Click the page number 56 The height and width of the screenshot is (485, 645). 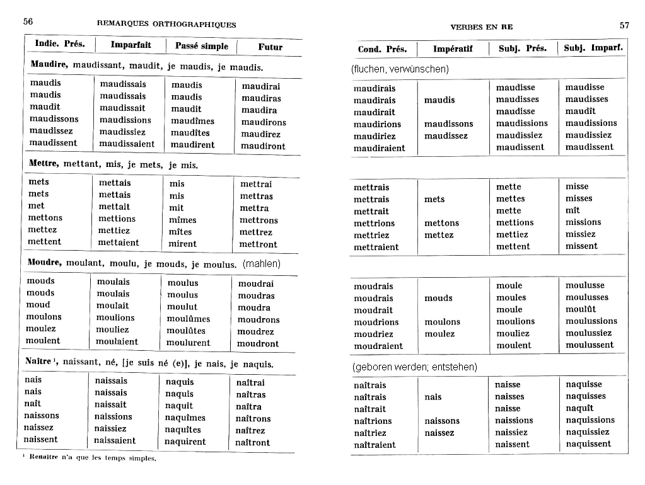tap(28, 21)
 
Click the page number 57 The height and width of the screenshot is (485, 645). tap(624, 25)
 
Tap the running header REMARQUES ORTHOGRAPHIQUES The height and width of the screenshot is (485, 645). tap(166, 25)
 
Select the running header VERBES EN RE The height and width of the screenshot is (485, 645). tap(482, 27)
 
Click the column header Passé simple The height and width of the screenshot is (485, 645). tap(202, 46)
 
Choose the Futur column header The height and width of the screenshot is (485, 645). tap(270, 47)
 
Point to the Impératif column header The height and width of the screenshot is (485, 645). tap(453, 48)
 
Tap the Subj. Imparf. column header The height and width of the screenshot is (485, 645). tap(593, 48)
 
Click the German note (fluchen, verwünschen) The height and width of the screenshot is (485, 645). tap(400, 69)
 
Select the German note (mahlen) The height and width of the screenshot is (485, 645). tap(262, 263)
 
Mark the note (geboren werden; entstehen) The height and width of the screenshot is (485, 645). tap(414, 367)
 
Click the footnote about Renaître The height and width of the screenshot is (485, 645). tap(89, 458)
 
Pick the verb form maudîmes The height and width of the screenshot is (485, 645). tap(192, 121)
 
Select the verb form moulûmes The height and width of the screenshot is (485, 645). tap(189, 319)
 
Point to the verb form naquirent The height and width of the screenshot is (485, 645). tap(185, 442)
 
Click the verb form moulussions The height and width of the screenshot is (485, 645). tap(591, 321)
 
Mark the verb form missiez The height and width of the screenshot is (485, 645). tap(580, 234)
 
